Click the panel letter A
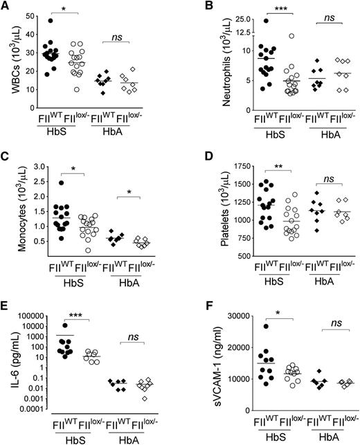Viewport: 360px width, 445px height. point(6,6)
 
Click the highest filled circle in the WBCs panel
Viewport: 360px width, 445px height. point(69,21)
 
